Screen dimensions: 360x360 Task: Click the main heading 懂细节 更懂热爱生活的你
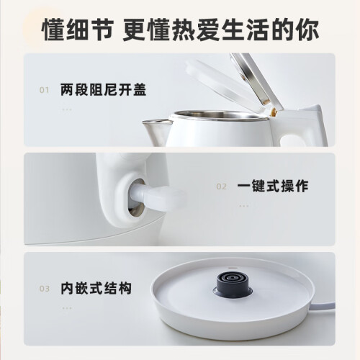point(180,30)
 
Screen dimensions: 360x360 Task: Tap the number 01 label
point(44,90)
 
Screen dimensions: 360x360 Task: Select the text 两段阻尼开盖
point(103,90)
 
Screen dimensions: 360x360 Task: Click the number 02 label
point(221,186)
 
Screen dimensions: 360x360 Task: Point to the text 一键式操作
point(273,186)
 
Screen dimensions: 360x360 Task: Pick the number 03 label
point(45,289)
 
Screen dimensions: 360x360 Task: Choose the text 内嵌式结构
point(96,288)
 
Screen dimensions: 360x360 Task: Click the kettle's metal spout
point(156,131)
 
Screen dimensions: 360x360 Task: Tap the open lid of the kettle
point(233,81)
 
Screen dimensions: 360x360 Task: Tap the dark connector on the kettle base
point(232,284)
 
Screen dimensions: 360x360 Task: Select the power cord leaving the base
point(322,307)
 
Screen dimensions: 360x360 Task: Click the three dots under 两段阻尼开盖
point(67,109)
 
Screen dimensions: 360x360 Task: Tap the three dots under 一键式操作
point(244,206)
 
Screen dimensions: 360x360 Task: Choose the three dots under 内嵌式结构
point(67,308)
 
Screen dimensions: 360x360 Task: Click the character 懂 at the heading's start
point(53,30)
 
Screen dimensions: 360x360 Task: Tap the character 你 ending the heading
point(307,30)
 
